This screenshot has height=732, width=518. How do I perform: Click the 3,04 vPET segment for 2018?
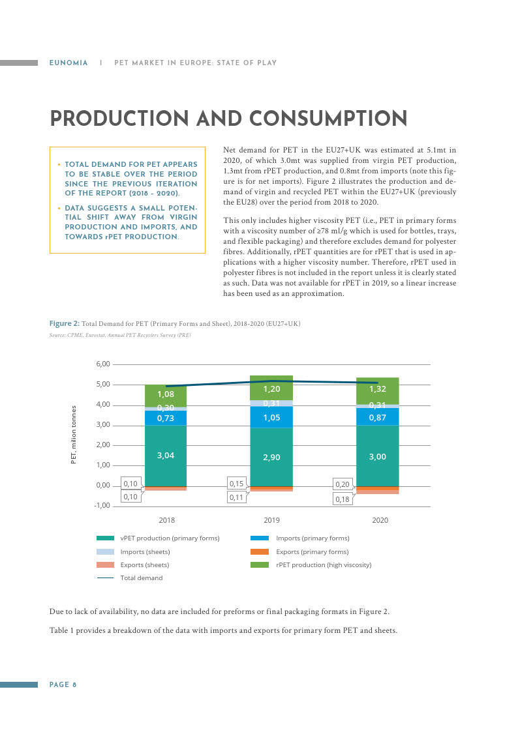pyautogui.click(x=166, y=455)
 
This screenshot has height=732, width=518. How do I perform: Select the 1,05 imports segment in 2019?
pyautogui.click(x=271, y=417)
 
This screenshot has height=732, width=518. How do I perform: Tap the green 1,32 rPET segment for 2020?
pyautogui.click(x=377, y=390)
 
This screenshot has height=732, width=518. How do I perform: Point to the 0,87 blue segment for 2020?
pyautogui.click(x=377, y=417)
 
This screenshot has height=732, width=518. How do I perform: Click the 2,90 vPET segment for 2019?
pyautogui.click(x=271, y=457)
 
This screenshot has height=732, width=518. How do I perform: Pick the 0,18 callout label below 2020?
pyautogui.click(x=343, y=499)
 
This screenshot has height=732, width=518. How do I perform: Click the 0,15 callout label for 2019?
pyautogui.click(x=236, y=484)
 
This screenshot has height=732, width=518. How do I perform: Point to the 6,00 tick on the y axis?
pyautogui.click(x=103, y=364)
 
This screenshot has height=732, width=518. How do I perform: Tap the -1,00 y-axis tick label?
pyautogui.click(x=102, y=506)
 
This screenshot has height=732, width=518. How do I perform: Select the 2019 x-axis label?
pyautogui.click(x=272, y=520)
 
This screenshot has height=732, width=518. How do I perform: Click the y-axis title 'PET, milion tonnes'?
pyautogui.click(x=73, y=435)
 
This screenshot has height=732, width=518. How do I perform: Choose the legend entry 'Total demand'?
pyautogui.click(x=129, y=578)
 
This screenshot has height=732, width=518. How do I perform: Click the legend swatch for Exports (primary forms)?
pyautogui.click(x=260, y=552)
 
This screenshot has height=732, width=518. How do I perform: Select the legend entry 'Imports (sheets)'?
pyautogui.click(x=133, y=552)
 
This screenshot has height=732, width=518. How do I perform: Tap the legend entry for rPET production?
pyautogui.click(x=311, y=565)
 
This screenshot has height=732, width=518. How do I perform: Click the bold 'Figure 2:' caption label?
pyautogui.click(x=65, y=323)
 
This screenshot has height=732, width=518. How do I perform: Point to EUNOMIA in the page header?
pyautogui.click(x=69, y=63)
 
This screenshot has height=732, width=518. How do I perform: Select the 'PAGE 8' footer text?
pyautogui.click(x=63, y=684)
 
